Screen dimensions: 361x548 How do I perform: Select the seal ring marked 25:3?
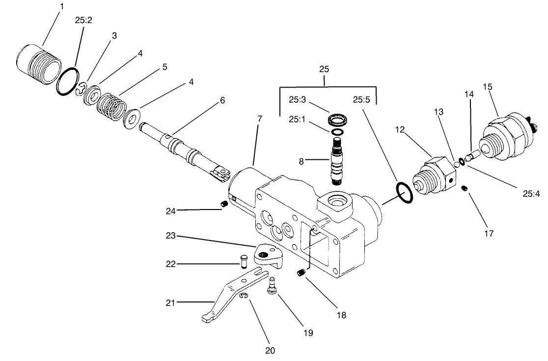coord(336,120)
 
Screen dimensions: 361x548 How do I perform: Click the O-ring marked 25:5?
coord(404,193)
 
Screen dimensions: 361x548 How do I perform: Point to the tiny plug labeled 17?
coord(465,189)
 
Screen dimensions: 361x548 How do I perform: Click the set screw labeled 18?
coord(301,272)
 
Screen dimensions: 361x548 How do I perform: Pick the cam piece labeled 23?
coord(266,256)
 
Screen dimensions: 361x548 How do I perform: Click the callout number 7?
coord(260,119)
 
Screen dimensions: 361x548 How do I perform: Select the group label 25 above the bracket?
coord(324,69)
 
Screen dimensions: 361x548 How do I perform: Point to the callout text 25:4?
coord(531,193)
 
